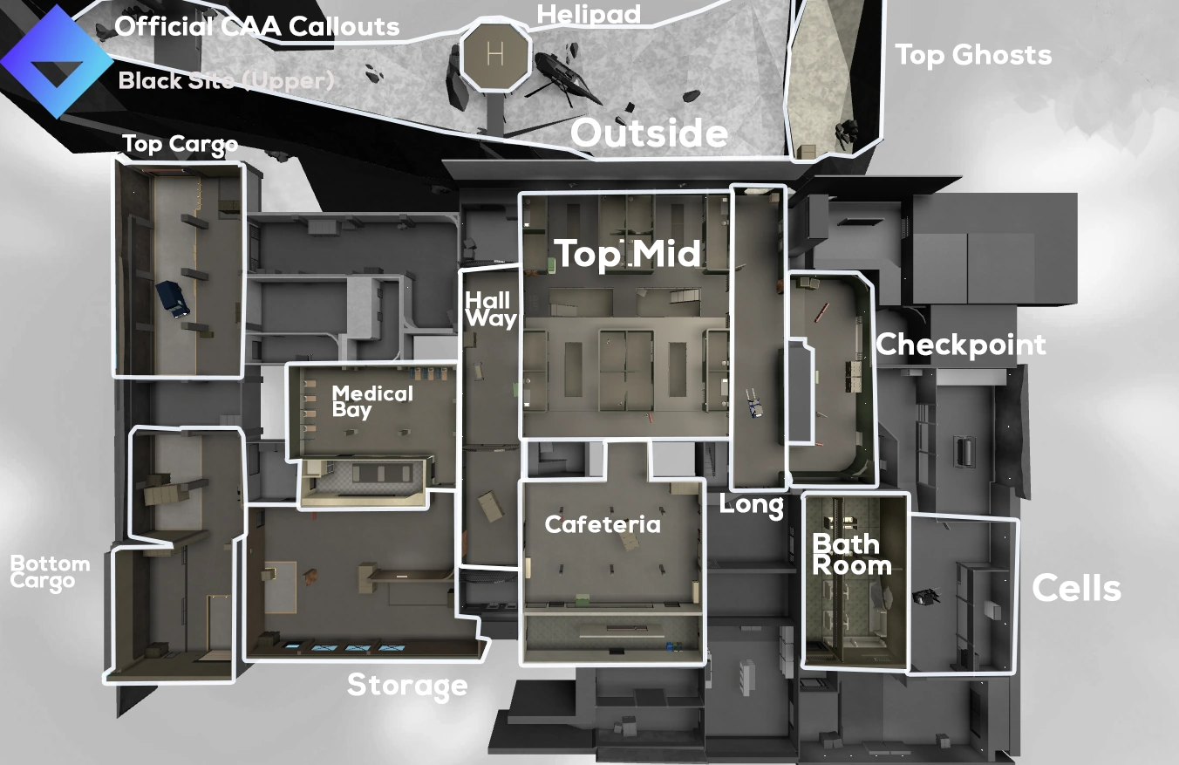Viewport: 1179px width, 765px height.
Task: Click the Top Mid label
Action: pyautogui.click(x=628, y=254)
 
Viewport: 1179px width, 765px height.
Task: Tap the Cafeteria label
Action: pyautogui.click(x=603, y=524)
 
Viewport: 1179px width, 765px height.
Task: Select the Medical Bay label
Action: pyautogui.click(x=372, y=401)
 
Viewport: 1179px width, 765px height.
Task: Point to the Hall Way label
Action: pyautogui.click(x=490, y=311)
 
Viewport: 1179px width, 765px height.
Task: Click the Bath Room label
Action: pyautogui.click(x=852, y=555)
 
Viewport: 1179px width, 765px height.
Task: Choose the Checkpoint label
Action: pyautogui.click(x=961, y=345)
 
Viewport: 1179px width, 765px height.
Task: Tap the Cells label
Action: pyautogui.click(x=1076, y=589)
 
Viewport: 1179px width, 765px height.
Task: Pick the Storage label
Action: pyautogui.click(x=407, y=686)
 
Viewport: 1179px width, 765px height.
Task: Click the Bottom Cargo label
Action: pyautogui.click(x=50, y=572)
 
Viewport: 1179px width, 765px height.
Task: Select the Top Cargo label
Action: pyautogui.click(x=180, y=144)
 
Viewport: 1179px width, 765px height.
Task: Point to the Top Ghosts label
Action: pyautogui.click(x=973, y=55)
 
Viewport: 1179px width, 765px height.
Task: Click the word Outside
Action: pyautogui.click(x=649, y=133)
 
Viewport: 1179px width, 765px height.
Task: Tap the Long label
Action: pyautogui.click(x=751, y=505)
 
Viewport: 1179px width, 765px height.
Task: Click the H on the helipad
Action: pyautogui.click(x=495, y=54)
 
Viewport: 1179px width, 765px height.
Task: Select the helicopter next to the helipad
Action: pyautogui.click(x=562, y=73)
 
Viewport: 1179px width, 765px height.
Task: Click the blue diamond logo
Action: pyautogui.click(x=57, y=61)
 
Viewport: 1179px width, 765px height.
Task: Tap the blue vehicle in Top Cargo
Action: pyautogui.click(x=173, y=297)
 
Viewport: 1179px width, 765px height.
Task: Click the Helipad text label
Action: pyautogui.click(x=589, y=14)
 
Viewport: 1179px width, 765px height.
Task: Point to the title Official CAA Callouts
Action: pyautogui.click(x=257, y=26)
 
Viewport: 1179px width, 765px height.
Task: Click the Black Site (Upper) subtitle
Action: pyautogui.click(x=226, y=81)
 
